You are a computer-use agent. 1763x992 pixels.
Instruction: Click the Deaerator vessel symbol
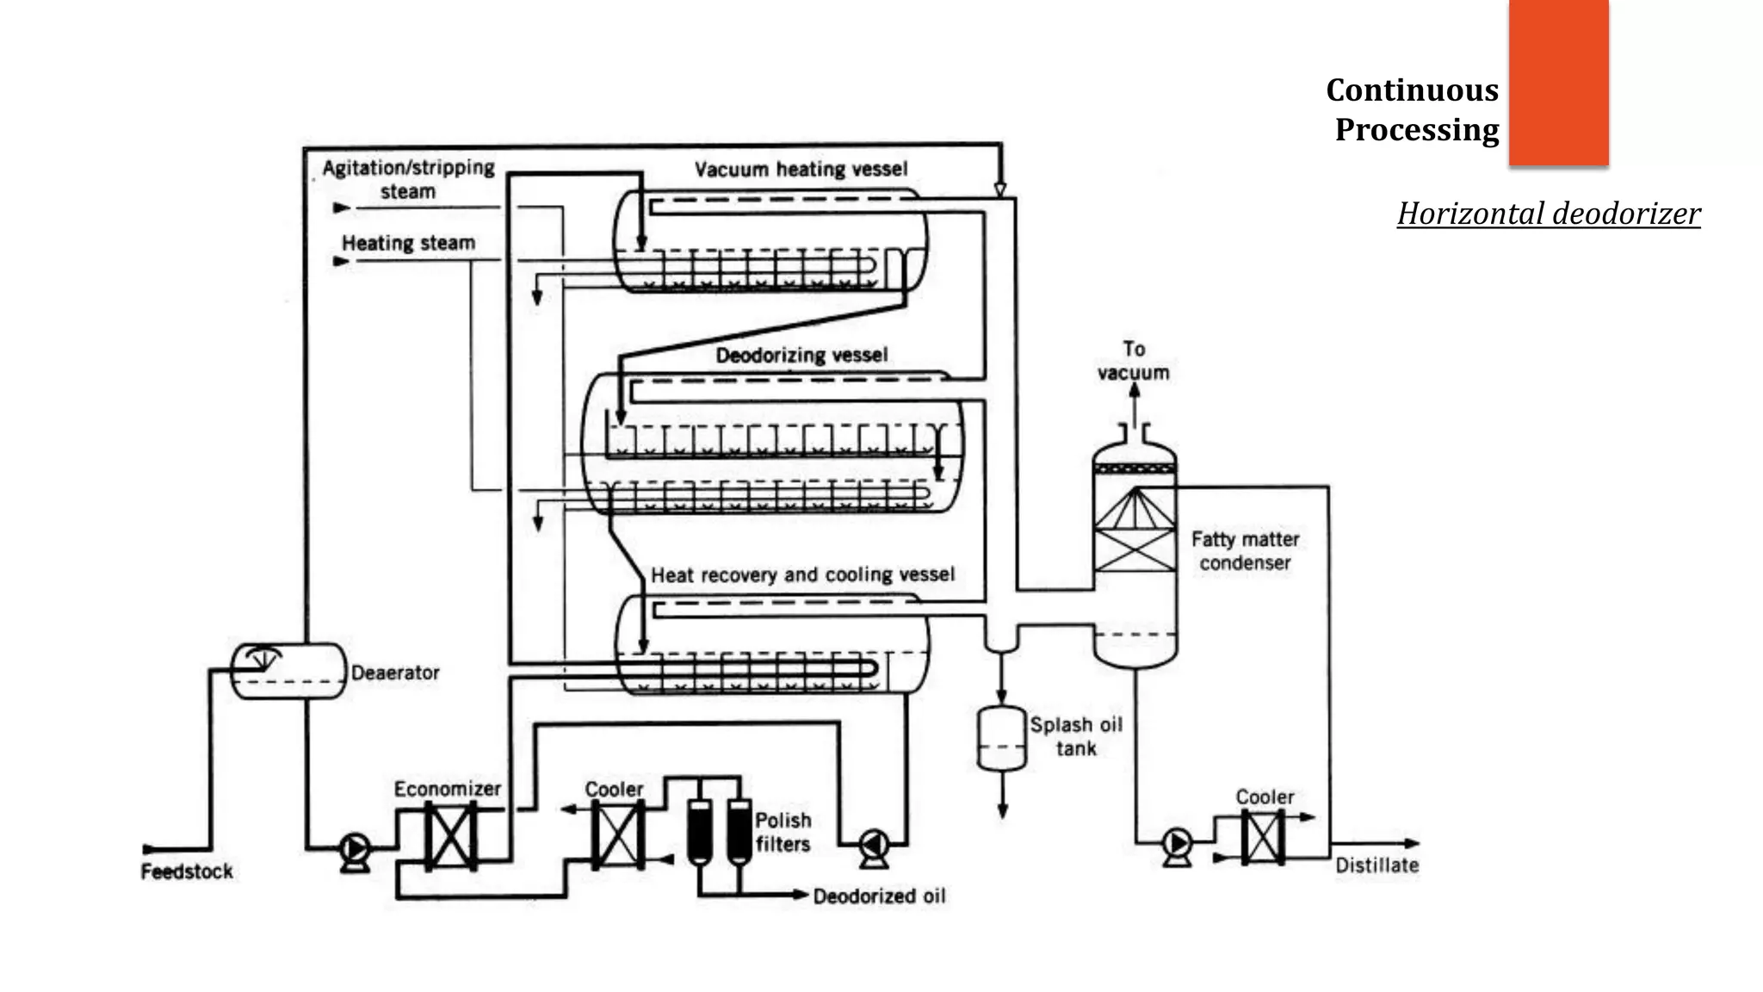[288, 671]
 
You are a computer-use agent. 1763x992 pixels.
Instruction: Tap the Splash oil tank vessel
[1002, 739]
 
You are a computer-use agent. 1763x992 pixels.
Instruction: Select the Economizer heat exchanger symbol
[450, 836]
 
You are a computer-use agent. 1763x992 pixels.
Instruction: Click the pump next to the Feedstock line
[355, 850]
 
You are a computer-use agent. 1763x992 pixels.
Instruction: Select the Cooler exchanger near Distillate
[1263, 837]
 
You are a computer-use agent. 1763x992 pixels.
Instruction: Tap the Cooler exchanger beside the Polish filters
[617, 834]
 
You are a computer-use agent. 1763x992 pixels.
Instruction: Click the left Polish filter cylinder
[699, 832]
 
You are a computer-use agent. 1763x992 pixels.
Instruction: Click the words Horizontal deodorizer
[1548, 214]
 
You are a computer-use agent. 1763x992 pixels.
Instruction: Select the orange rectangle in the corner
[1558, 82]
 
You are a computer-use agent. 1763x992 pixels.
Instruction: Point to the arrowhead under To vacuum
[1135, 390]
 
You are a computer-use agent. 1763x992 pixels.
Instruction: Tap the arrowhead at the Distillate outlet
[1412, 844]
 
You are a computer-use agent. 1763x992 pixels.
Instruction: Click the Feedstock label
[187, 871]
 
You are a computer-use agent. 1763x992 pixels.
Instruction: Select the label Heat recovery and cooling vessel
[802, 574]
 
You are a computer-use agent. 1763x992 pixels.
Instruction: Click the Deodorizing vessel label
[801, 355]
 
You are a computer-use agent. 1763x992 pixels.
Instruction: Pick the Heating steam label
[408, 243]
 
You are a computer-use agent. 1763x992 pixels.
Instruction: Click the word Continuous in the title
[1412, 90]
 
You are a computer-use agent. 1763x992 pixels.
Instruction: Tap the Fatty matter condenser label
[1245, 550]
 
